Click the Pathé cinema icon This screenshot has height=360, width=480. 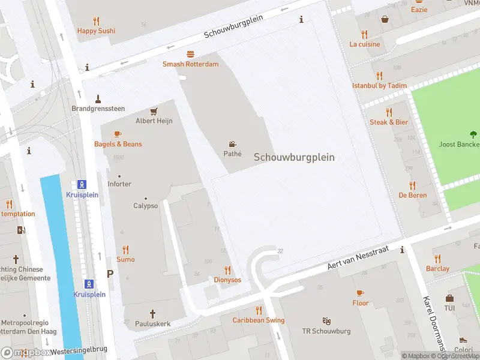point(232,144)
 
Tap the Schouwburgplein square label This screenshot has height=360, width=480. point(294,157)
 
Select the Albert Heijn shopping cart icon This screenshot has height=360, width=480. point(154,111)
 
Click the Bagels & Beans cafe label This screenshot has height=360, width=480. point(118,144)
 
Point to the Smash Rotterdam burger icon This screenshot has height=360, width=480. point(190,54)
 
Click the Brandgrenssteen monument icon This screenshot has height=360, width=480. point(98,98)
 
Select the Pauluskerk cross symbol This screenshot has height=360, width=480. point(152,313)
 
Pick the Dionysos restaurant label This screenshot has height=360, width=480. point(227,280)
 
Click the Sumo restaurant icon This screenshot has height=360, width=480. point(125,250)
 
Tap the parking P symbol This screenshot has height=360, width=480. point(110,274)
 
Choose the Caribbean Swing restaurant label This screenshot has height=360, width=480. point(259,320)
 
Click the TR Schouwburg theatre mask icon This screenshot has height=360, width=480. point(326,321)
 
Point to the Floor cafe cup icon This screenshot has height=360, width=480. point(360,293)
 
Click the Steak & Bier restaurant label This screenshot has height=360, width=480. point(388,122)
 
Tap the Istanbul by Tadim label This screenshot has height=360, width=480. point(379,86)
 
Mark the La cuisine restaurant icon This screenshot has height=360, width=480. point(365,34)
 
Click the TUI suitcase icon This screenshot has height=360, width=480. point(449,298)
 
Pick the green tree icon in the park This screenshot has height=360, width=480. point(473,134)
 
